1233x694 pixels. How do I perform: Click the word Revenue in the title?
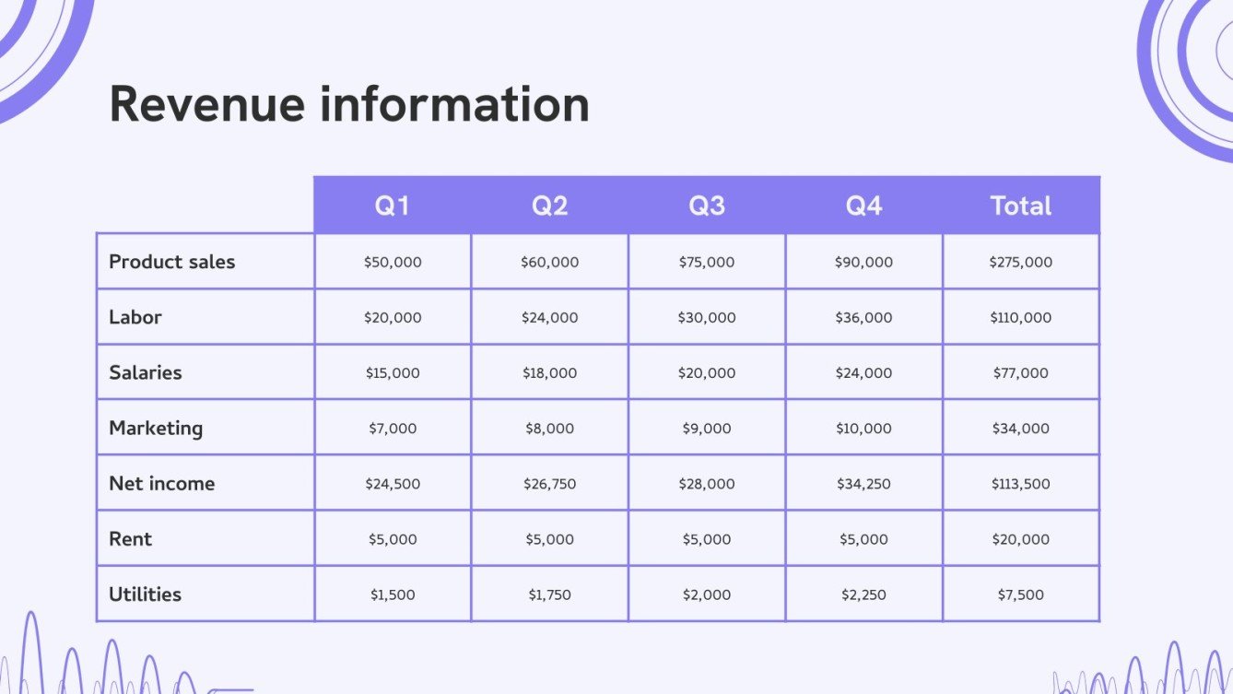pyautogui.click(x=207, y=104)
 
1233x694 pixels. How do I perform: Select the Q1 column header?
pyautogui.click(x=392, y=206)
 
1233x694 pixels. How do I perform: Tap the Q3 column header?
pyautogui.click(x=707, y=206)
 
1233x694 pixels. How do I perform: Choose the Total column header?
pyautogui.click(x=1021, y=206)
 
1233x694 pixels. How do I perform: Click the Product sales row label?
pyautogui.click(x=172, y=262)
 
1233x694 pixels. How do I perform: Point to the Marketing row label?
pyautogui.click(x=156, y=428)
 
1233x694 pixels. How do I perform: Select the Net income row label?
pyautogui.click(x=162, y=483)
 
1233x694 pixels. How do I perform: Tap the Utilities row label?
pyautogui.click(x=146, y=594)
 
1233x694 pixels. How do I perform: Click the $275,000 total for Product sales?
pyautogui.click(x=1021, y=262)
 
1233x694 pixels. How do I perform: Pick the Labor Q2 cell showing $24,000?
pyautogui.click(x=549, y=317)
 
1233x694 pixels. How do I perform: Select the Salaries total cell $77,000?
pyautogui.click(x=1021, y=372)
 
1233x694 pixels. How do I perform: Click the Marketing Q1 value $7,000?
pyautogui.click(x=393, y=428)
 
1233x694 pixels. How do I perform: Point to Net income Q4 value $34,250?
pyautogui.click(x=864, y=483)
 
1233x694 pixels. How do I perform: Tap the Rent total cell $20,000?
pyautogui.click(x=1021, y=539)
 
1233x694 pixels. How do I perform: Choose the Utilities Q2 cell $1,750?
pyautogui.click(x=549, y=594)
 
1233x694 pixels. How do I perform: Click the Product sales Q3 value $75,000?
pyautogui.click(x=707, y=262)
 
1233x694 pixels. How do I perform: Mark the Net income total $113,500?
pyautogui.click(x=1021, y=483)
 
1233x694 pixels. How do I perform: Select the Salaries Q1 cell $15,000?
pyautogui.click(x=393, y=372)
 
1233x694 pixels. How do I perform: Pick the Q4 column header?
pyautogui.click(x=864, y=206)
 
